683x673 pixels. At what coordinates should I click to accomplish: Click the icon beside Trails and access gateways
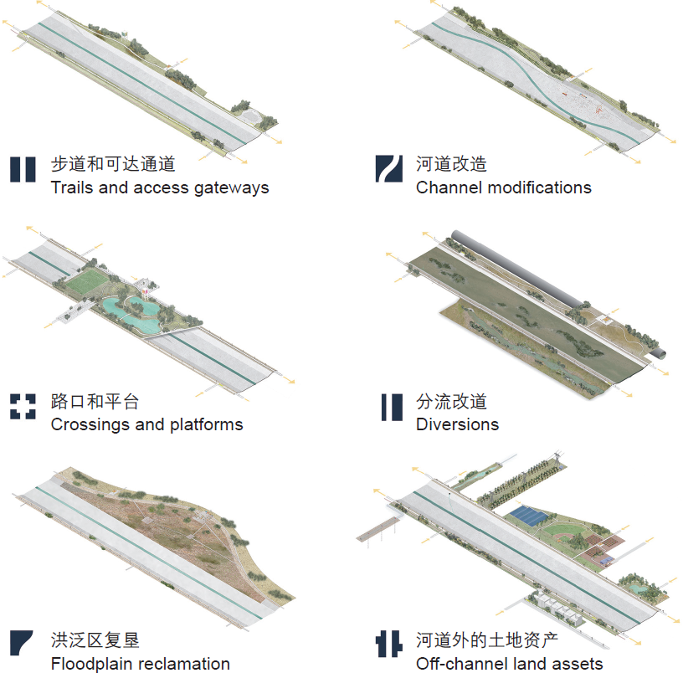click(23, 169)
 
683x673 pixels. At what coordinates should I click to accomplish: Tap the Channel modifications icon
click(389, 168)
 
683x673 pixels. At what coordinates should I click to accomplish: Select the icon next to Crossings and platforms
click(23, 407)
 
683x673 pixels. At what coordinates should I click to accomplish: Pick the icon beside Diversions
click(392, 408)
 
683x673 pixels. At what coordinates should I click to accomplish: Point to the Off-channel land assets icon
click(388, 644)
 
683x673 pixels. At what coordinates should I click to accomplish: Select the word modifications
click(539, 188)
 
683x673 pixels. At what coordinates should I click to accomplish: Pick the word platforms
click(207, 425)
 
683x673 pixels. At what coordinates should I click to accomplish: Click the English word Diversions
click(457, 424)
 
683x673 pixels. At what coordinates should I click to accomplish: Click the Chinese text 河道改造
click(451, 164)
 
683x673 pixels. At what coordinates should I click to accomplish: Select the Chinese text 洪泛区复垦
click(95, 640)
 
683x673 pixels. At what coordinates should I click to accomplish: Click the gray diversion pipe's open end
click(658, 354)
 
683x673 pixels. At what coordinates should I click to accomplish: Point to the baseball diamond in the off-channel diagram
click(562, 532)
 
